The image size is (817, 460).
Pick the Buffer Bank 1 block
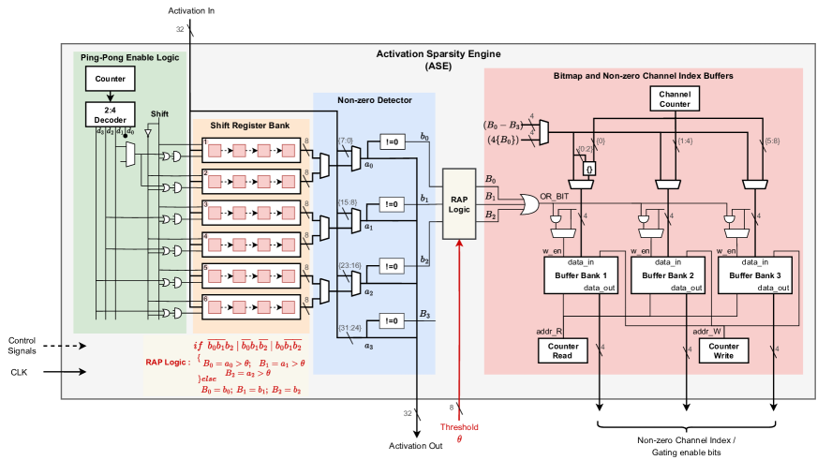(579, 275)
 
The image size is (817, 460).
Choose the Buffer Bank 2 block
(667, 275)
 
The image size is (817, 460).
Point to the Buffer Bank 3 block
(754, 275)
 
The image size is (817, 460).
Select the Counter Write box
(724, 350)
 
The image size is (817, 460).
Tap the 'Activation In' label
(191, 10)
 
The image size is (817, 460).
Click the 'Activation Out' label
(416, 445)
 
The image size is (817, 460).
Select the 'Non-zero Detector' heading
(374, 100)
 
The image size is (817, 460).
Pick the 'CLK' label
(22, 371)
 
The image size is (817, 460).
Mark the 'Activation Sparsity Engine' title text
(438, 55)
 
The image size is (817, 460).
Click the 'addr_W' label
(706, 330)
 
